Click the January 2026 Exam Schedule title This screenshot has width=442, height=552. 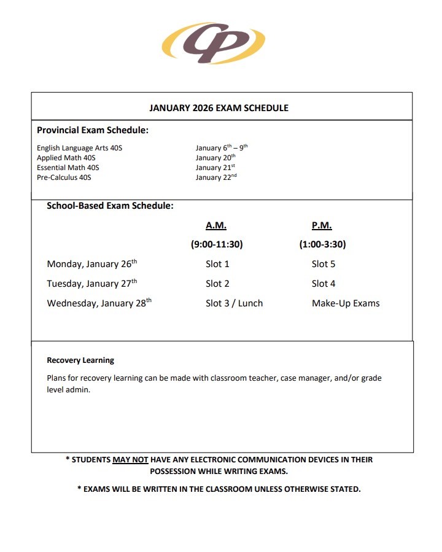pos(219,108)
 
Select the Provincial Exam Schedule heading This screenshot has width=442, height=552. pos(93,130)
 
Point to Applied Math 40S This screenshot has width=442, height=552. pos(67,158)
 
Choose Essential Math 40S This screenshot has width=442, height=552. pos(68,168)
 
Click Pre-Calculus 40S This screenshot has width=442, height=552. pos(64,177)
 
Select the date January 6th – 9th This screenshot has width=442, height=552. pos(221,148)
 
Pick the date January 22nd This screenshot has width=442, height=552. pos(215,177)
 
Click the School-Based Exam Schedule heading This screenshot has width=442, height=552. pos(110,206)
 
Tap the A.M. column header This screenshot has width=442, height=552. pos(216,225)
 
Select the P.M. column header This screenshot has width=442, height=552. pos(322,225)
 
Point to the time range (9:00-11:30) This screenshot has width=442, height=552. pos(217,244)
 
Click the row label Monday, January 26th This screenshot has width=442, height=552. pos(92,264)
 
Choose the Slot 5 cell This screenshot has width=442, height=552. pos(324,264)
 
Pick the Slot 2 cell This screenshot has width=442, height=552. pos(217,284)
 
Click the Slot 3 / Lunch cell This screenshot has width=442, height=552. pos(234,303)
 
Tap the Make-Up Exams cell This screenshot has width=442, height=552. pos(346,303)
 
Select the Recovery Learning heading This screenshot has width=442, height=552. pos(80,360)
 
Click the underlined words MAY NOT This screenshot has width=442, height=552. pos(131,459)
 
